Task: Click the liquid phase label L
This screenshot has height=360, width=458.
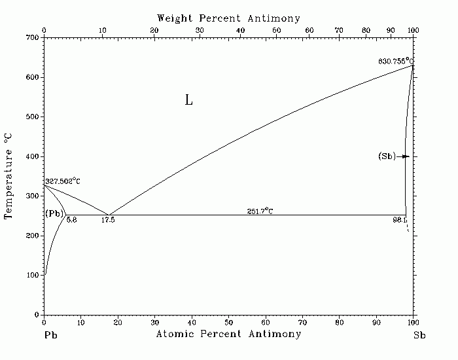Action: point(188,100)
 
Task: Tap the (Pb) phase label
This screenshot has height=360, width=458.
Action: point(54,214)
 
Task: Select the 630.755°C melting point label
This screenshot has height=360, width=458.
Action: point(396,61)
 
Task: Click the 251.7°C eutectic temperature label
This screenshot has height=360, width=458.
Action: point(260,211)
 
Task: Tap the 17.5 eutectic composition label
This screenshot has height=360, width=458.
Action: point(108,221)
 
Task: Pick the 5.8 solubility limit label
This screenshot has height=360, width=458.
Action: point(71,221)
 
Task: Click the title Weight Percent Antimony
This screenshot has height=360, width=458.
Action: point(228,18)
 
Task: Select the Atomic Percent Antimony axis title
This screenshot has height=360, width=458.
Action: point(228,334)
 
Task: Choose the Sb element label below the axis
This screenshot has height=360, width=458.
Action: point(419,334)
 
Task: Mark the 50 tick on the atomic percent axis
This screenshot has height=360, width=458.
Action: point(228,322)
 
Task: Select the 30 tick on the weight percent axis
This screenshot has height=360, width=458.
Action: point(198,30)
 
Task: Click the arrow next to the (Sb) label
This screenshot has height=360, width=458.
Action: point(405,156)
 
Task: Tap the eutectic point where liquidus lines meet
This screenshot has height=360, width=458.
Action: point(108,215)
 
